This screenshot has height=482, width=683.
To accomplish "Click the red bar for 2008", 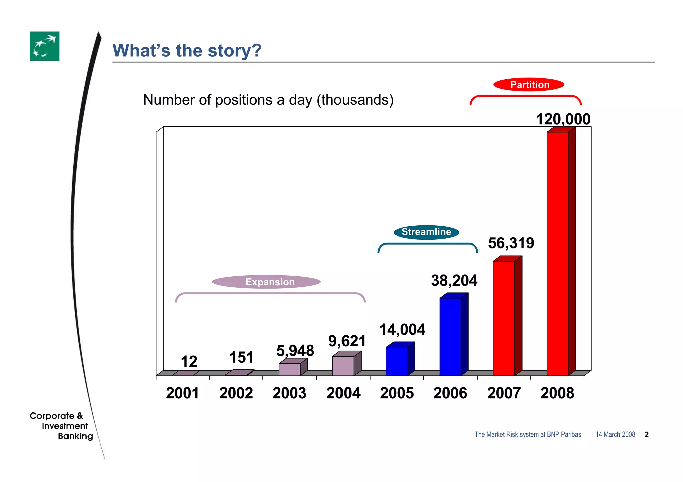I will (x=558, y=253).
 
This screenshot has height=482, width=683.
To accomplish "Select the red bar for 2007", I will (x=504, y=318).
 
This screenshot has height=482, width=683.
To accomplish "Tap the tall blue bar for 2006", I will (x=450, y=336).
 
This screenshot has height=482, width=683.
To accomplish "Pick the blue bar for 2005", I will (x=397, y=361).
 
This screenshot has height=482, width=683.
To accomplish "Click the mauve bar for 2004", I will (x=343, y=366).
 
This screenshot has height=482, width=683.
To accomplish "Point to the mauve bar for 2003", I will (x=289, y=369).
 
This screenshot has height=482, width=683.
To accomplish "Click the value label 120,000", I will (x=563, y=119).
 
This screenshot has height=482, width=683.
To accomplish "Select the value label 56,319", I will (x=511, y=243).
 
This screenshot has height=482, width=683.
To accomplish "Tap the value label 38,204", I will (x=454, y=280).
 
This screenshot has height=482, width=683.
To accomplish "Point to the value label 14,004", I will (x=402, y=329).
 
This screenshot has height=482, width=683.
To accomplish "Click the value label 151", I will (x=241, y=357).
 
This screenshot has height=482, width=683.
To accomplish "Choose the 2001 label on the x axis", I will (x=182, y=393).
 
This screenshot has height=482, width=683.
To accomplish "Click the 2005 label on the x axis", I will (x=397, y=393).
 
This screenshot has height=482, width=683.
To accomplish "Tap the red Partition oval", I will (x=529, y=84).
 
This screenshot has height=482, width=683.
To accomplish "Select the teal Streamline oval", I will (x=426, y=232).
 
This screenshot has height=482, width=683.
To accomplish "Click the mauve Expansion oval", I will (x=266, y=282).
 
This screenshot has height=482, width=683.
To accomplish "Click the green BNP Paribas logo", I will (x=45, y=46).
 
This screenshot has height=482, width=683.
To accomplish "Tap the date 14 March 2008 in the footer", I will (x=615, y=434).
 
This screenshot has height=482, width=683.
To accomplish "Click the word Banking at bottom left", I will (x=75, y=436).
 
